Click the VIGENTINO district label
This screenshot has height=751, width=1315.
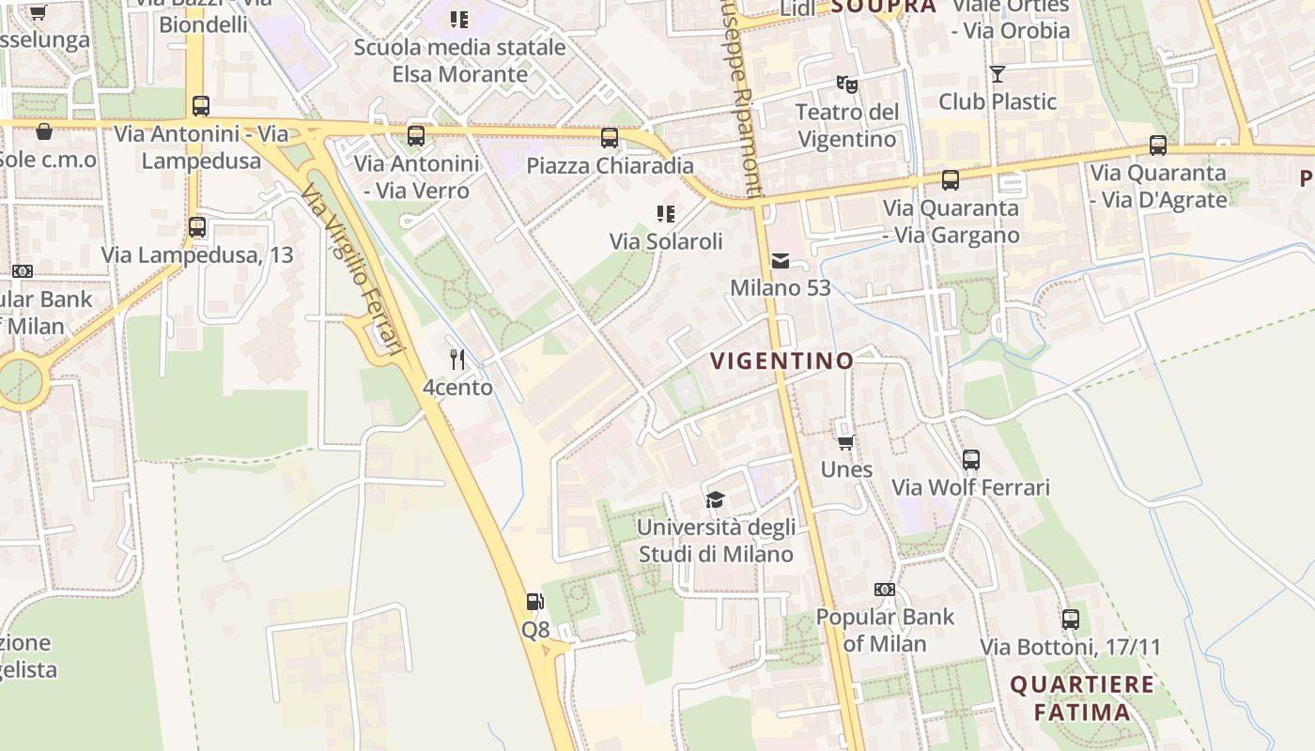point(781,360)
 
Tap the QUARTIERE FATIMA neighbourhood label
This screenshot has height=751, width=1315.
point(1082,697)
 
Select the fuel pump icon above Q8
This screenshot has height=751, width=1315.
point(534,602)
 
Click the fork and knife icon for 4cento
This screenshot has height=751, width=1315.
point(457,359)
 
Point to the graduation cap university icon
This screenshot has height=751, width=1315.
point(716,499)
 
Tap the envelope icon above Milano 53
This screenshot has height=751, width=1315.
point(781,261)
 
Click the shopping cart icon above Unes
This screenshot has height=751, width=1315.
point(845,442)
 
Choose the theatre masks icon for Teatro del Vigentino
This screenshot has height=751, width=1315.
point(847,84)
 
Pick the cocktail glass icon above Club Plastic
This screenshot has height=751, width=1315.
point(998,74)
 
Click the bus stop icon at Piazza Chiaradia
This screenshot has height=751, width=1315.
point(610,138)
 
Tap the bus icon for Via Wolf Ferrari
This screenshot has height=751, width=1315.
point(971,460)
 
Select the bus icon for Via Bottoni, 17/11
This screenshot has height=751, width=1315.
point(1071,620)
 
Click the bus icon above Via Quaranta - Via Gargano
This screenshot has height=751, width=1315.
point(951,180)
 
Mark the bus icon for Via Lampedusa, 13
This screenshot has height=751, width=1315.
point(197,227)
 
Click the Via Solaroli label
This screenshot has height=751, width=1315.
point(666,241)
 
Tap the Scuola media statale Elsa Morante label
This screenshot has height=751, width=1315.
point(459,60)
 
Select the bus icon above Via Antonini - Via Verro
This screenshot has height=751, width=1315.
point(416,136)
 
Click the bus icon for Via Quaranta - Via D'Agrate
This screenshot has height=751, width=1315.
point(1158,146)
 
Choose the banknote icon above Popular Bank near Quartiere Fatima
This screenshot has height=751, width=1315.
point(885,590)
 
